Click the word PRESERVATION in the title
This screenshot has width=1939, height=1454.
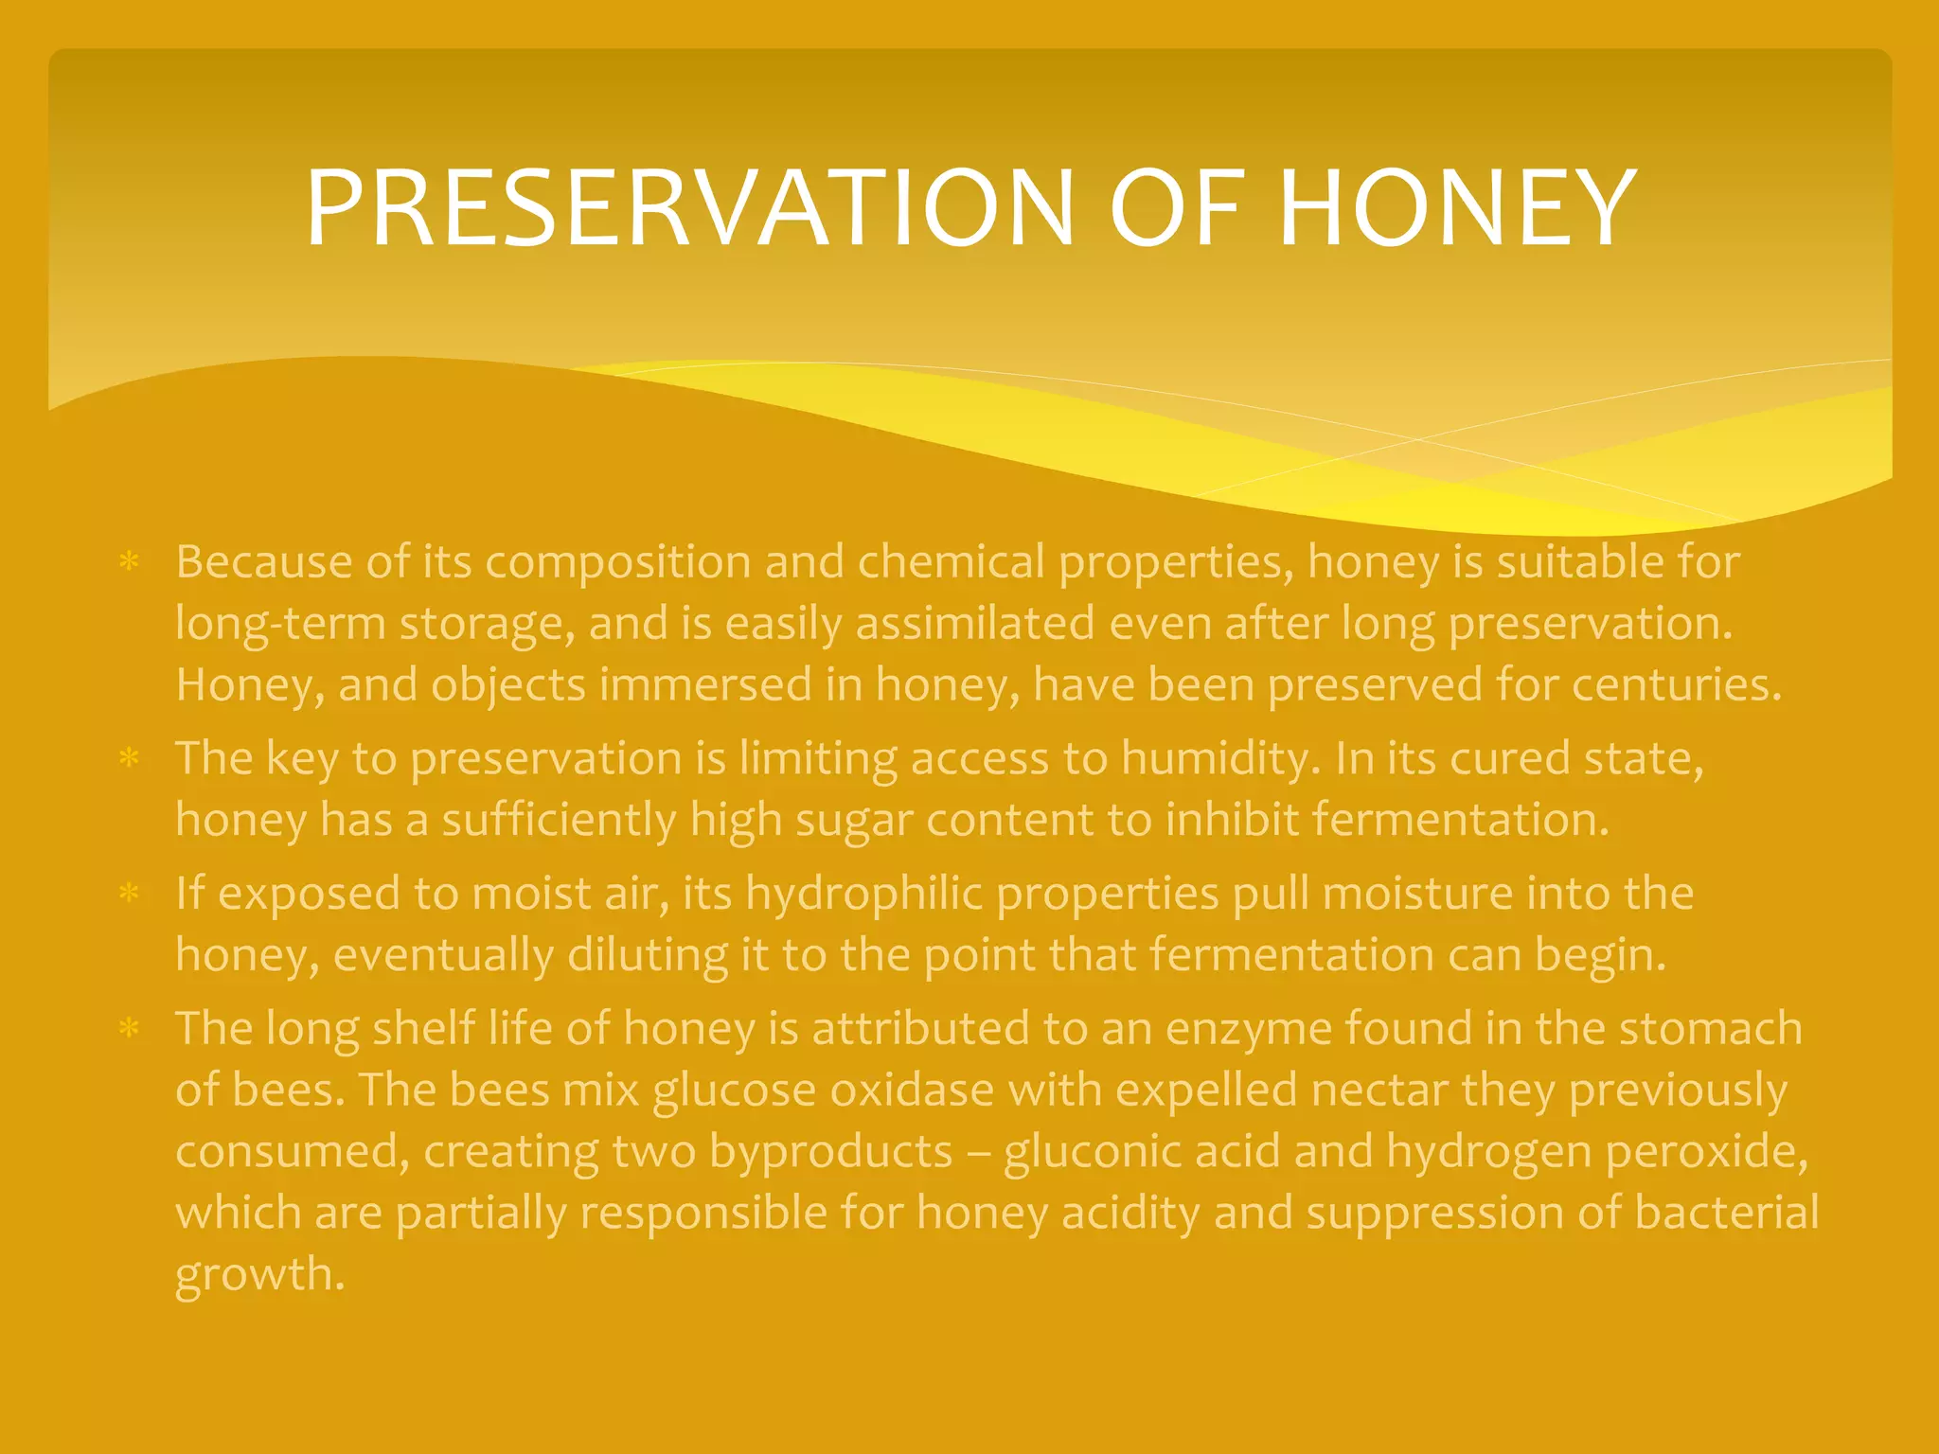click(x=689, y=208)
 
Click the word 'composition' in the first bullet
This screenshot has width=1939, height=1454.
click(x=617, y=563)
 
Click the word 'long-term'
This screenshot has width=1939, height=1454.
click(x=280, y=625)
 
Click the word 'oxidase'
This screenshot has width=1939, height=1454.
click(x=912, y=1090)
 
